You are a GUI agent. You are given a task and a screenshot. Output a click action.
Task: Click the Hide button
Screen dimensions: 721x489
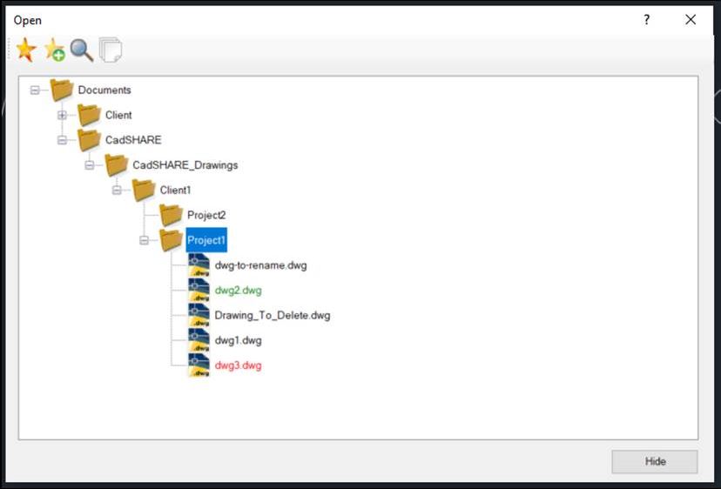(654, 461)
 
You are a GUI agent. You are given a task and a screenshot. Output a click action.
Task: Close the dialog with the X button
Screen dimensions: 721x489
(691, 19)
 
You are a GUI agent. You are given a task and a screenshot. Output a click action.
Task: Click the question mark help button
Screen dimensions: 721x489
(646, 19)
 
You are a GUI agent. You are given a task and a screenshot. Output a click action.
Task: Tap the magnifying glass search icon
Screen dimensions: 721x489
(82, 50)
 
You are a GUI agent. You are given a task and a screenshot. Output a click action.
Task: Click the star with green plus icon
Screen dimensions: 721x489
(55, 50)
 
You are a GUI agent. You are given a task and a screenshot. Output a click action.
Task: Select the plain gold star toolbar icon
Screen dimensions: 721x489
(26, 50)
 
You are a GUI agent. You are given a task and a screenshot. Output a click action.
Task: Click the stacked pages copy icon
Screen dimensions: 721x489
(111, 50)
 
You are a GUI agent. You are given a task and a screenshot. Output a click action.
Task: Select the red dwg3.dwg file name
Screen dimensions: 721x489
(239, 365)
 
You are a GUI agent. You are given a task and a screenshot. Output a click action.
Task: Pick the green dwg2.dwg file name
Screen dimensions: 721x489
(239, 291)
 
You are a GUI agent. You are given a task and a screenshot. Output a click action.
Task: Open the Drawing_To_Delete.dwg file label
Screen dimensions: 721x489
(273, 315)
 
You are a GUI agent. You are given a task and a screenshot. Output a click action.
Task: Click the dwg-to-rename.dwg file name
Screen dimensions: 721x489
(260, 265)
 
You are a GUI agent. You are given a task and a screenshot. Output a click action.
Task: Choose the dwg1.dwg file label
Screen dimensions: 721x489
(239, 340)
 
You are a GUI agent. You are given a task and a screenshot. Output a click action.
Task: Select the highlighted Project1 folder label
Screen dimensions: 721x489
(206, 240)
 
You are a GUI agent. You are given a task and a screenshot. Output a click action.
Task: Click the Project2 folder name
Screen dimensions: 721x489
(206, 215)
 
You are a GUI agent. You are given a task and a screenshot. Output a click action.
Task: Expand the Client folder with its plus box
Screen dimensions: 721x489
(62, 115)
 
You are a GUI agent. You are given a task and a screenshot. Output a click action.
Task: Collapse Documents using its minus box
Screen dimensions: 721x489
(35, 90)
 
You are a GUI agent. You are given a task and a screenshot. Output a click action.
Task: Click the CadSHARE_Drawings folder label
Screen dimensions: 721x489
(185, 165)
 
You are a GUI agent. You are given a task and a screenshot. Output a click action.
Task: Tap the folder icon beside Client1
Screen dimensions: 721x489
(144, 190)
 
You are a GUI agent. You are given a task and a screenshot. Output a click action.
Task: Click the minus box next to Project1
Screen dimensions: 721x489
(144, 240)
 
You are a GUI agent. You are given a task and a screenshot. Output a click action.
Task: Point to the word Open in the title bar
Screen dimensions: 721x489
(28, 20)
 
